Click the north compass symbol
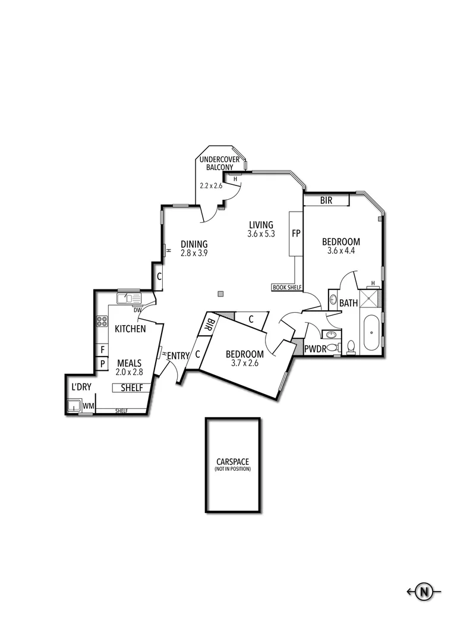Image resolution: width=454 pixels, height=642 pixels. pyautogui.click(x=424, y=591)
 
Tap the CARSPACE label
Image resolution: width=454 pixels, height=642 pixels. pyautogui.click(x=233, y=462)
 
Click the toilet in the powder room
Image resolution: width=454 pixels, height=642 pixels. pyautogui.click(x=351, y=347)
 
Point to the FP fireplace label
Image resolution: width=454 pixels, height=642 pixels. pyautogui.click(x=296, y=234)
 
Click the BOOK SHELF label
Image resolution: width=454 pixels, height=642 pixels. pyautogui.click(x=287, y=288)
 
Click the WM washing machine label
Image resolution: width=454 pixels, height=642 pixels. pyautogui.click(x=88, y=406)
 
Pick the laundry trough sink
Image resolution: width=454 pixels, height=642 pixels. pyautogui.click(x=74, y=407)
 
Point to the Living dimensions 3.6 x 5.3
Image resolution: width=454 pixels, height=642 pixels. pyautogui.click(x=261, y=234)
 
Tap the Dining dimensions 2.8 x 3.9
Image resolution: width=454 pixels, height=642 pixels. pyautogui.click(x=194, y=253)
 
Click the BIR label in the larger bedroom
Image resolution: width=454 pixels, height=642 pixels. pyautogui.click(x=326, y=201)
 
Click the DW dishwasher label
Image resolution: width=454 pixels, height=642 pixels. pyautogui.click(x=137, y=310)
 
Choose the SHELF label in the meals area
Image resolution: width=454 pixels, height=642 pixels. pyautogui.click(x=131, y=388)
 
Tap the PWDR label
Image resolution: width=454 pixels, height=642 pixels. pyautogui.click(x=315, y=349)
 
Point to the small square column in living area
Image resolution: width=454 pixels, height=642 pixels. pyautogui.click(x=221, y=293)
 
